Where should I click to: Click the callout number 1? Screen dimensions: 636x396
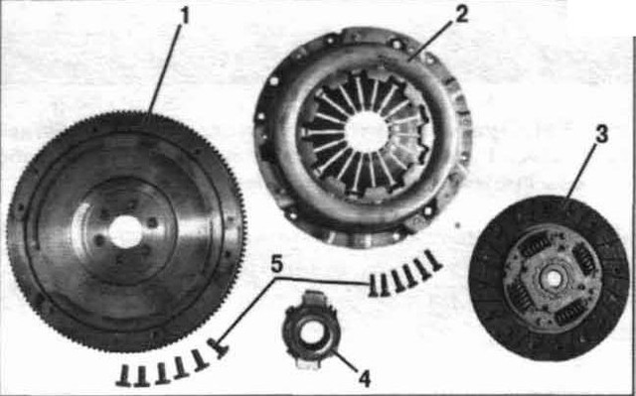click(x=184, y=16)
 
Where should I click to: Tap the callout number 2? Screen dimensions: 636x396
click(x=461, y=14)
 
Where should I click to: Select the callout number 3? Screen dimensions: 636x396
click(x=601, y=135)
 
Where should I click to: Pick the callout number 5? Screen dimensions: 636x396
click(x=276, y=265)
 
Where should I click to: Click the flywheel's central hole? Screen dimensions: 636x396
click(x=125, y=231)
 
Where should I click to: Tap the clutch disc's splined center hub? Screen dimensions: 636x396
click(x=553, y=278)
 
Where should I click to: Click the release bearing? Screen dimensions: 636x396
click(x=311, y=330)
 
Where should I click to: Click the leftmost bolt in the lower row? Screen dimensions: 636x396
click(x=123, y=374)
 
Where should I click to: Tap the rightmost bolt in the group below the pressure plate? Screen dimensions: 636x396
click(x=432, y=260)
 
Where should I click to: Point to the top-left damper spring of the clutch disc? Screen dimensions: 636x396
click(x=536, y=246)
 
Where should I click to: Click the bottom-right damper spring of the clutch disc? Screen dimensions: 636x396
click(x=572, y=316)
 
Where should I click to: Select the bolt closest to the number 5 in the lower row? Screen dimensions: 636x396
click(x=218, y=347)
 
